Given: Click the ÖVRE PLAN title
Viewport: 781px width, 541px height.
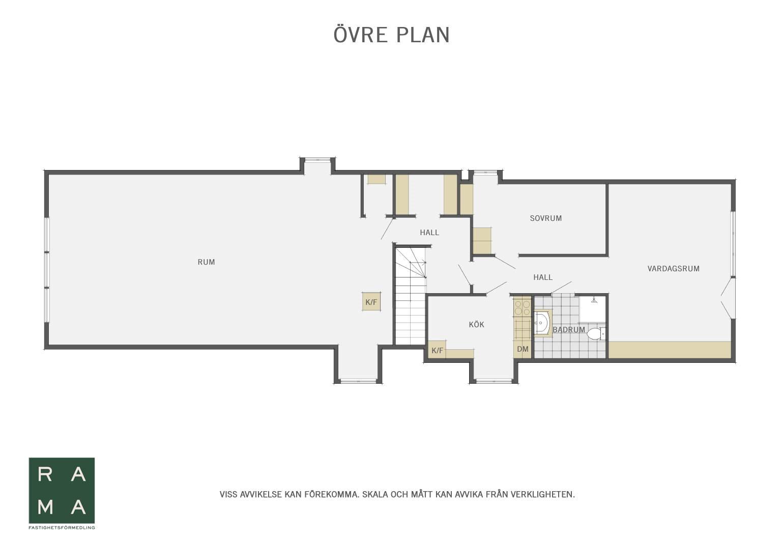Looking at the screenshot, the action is (x=392, y=35).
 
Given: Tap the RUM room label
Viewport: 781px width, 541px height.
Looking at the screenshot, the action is (x=206, y=262).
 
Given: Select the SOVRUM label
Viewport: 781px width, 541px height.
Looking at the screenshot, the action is (x=545, y=218).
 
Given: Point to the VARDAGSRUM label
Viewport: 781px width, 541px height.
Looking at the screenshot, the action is (x=673, y=269).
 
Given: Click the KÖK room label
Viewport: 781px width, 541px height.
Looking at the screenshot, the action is (x=476, y=324).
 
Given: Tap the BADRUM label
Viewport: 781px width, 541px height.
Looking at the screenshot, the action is (x=569, y=330).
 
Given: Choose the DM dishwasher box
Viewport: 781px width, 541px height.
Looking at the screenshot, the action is (x=523, y=349).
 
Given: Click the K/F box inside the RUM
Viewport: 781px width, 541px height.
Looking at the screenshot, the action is (x=371, y=301).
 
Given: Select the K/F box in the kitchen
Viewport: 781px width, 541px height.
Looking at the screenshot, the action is (x=437, y=350).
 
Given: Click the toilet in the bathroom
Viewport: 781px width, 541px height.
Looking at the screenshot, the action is (x=596, y=333).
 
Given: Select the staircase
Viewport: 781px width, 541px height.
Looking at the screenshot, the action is (x=411, y=296).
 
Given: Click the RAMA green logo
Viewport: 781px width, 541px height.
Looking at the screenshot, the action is (x=62, y=491).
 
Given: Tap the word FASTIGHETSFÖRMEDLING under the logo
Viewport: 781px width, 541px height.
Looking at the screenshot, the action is (x=62, y=528).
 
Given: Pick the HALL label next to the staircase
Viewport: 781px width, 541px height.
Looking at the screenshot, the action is (x=429, y=233).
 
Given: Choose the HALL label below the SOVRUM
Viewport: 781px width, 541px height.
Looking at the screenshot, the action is (x=543, y=277).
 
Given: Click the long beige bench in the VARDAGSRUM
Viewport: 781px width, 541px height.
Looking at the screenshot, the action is (x=670, y=350).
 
